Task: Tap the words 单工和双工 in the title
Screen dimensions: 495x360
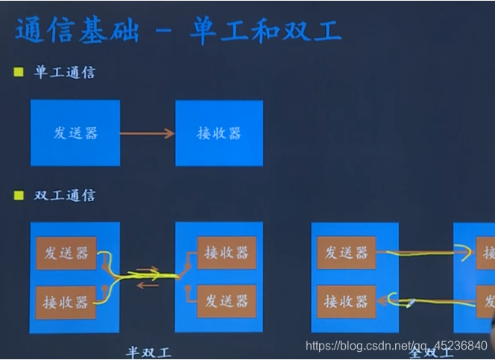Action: pyautogui.click(x=265, y=31)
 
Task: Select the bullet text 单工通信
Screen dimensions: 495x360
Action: pyautogui.click(x=65, y=73)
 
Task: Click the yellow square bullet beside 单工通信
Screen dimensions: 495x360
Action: pyautogui.click(x=19, y=73)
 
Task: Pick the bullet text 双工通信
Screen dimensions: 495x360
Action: pyautogui.click(x=65, y=195)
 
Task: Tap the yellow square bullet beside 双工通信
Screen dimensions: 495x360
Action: pyautogui.click(x=19, y=195)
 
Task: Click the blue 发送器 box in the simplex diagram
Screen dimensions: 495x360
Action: pyautogui.click(x=75, y=133)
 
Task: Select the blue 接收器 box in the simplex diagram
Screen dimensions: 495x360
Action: pyautogui.click(x=219, y=133)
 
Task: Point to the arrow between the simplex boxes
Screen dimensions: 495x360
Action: pyautogui.click(x=147, y=134)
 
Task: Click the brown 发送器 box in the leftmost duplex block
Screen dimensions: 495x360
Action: pyautogui.click(x=66, y=253)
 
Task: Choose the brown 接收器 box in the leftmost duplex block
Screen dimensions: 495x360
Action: pyautogui.click(x=66, y=302)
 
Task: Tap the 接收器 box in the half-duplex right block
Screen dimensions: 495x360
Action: pyautogui.click(x=227, y=253)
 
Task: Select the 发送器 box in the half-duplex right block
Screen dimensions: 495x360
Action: pyautogui.click(x=227, y=301)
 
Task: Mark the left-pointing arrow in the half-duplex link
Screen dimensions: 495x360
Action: pyautogui.click(x=148, y=285)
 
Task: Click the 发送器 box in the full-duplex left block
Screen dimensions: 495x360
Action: pyautogui.click(x=347, y=253)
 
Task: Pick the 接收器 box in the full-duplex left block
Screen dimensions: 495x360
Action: pyautogui.click(x=347, y=301)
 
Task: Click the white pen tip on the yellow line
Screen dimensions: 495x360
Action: pyautogui.click(x=409, y=302)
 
